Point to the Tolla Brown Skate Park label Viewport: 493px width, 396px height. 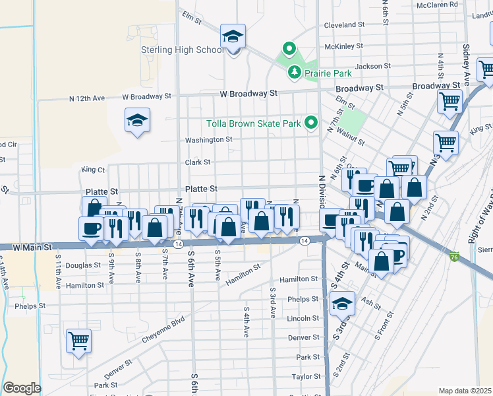(254, 123)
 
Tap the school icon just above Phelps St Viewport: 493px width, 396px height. (342, 304)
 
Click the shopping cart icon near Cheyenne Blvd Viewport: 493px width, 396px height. (78, 341)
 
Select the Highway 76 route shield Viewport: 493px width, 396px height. (453, 255)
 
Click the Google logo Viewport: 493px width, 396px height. (22, 388)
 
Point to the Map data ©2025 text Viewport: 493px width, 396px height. (465, 391)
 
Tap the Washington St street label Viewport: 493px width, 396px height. (209, 140)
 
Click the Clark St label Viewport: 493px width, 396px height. (198, 162)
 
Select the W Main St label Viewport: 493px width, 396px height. (32, 247)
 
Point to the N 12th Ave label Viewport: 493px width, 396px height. (88, 98)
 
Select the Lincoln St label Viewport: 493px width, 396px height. (303, 318)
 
